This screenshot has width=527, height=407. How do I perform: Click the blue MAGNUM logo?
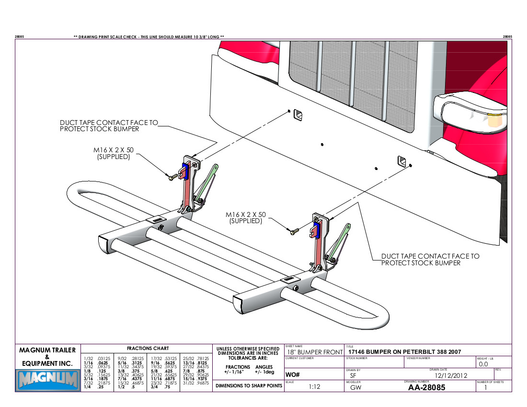coord(47,380)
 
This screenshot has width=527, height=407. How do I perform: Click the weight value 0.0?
coord(483,364)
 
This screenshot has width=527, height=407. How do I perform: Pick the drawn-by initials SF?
coord(353,376)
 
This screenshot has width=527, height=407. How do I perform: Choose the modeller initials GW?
coord(355,387)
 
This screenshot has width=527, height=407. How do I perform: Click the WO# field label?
coord(292,374)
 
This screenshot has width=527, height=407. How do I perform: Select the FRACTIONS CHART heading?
coord(148,348)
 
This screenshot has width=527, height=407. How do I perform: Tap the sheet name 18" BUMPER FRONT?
coord(314,352)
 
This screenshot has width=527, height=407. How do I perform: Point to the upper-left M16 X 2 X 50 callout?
coord(114,153)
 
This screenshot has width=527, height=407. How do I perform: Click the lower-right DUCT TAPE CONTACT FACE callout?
coord(430,260)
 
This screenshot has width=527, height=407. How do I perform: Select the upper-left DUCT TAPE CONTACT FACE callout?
coord(109,126)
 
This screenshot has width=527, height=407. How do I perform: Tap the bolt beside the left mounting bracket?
coord(171,178)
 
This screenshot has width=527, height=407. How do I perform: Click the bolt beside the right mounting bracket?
coord(294,232)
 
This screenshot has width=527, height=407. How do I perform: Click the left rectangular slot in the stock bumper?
coord(298,115)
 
